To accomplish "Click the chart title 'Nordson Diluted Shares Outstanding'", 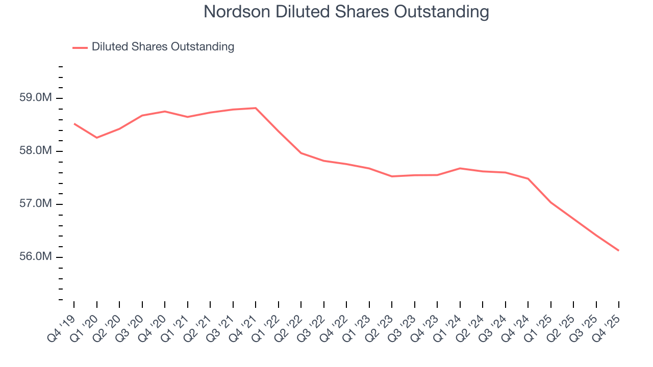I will click(x=346, y=12).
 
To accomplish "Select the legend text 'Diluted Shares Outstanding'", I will click(x=163, y=47).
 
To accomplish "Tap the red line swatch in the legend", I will click(x=80, y=47).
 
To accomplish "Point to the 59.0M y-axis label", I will click(x=35, y=98).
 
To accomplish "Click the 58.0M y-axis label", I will click(x=35, y=151).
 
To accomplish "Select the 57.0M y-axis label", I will click(x=35, y=204).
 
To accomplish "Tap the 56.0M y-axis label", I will click(x=35, y=257).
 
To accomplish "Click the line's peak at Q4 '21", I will click(x=256, y=108).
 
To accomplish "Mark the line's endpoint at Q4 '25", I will click(x=618, y=250).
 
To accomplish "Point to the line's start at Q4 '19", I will click(x=74, y=124).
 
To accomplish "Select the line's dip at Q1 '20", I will click(x=97, y=138).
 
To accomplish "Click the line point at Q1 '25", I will click(x=550, y=202).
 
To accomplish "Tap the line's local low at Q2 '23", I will click(x=392, y=176).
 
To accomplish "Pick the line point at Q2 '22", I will click(x=301, y=153).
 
